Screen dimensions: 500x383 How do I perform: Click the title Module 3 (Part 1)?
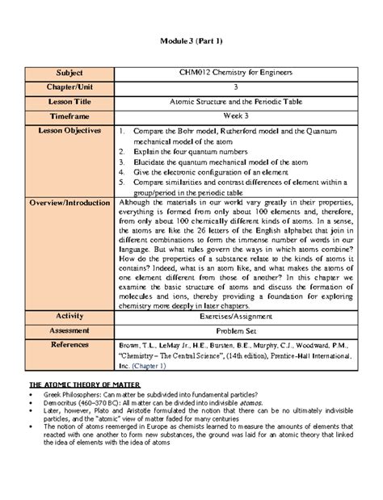(191, 42)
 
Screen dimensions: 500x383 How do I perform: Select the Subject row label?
(69, 74)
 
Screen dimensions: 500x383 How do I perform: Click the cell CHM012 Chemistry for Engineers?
(235, 74)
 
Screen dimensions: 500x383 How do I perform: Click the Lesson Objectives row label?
(69, 130)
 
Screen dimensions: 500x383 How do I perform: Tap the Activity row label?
(69, 315)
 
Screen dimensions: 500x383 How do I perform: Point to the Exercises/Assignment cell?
(235, 315)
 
